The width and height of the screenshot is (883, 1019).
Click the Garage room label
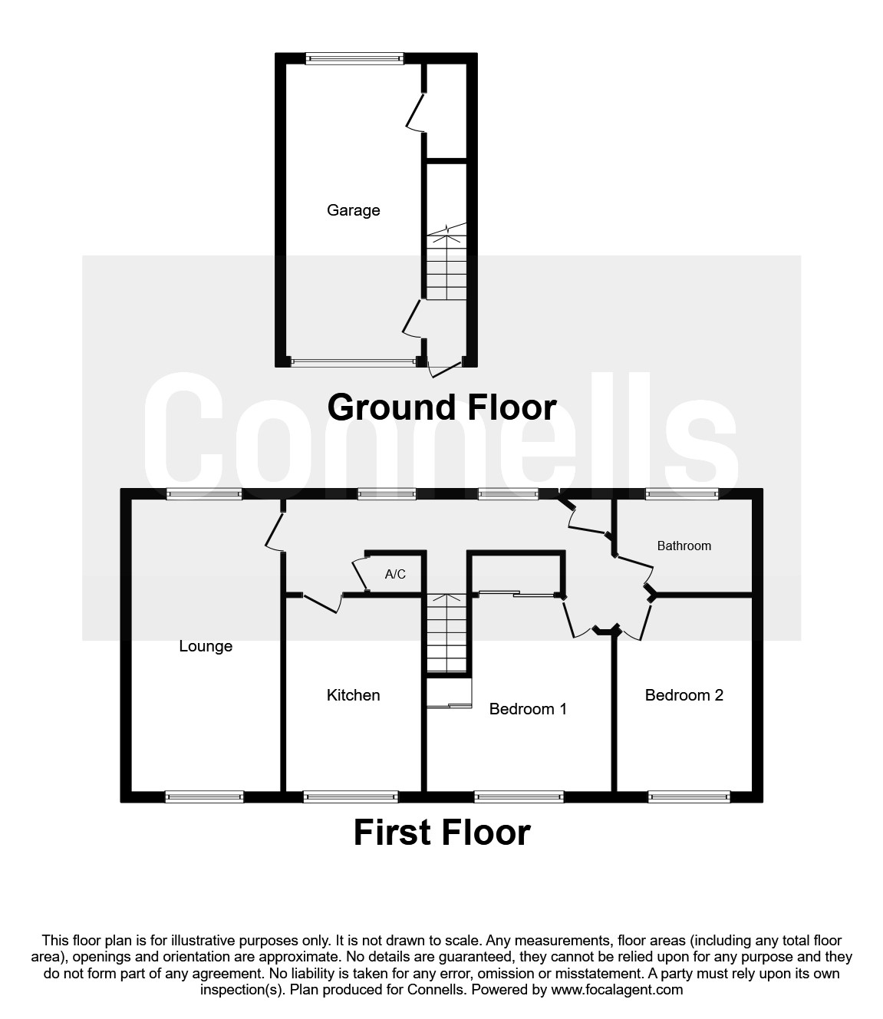[x=353, y=210]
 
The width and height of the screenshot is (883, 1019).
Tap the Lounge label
[x=206, y=646]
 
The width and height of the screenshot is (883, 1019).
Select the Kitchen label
[x=353, y=695]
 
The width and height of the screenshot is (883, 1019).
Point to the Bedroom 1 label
[x=528, y=709]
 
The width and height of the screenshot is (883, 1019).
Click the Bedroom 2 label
[x=684, y=695]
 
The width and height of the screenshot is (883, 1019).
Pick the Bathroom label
[x=684, y=546]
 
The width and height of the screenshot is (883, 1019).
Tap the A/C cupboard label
[x=395, y=574]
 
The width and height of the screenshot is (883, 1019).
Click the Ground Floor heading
[x=441, y=407]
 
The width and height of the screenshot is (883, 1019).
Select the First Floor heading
[x=441, y=833]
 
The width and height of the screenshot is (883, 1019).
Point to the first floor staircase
[x=446, y=635]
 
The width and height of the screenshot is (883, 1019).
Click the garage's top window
[x=354, y=58]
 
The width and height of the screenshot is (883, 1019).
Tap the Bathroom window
[x=682, y=494]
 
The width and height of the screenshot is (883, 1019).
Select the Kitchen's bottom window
[x=351, y=797]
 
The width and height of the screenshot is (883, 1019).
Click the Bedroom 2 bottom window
[x=689, y=797]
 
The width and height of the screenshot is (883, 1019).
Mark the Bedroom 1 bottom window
[x=519, y=797]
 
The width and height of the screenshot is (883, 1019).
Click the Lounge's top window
[x=204, y=495]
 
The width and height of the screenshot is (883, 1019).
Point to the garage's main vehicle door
[x=354, y=362]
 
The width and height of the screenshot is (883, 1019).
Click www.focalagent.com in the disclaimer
[x=617, y=990]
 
